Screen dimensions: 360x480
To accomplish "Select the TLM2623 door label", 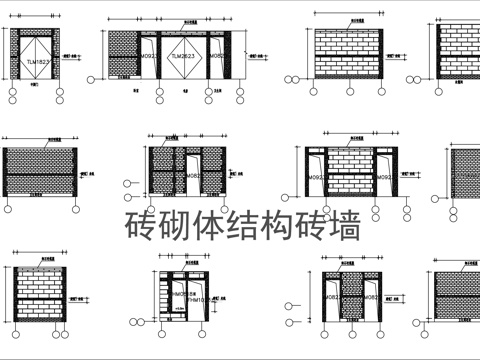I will point(183,57).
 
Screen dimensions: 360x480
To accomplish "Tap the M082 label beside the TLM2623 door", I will point(217,57).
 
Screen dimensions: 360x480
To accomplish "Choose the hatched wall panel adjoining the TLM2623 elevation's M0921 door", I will point(121,56).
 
